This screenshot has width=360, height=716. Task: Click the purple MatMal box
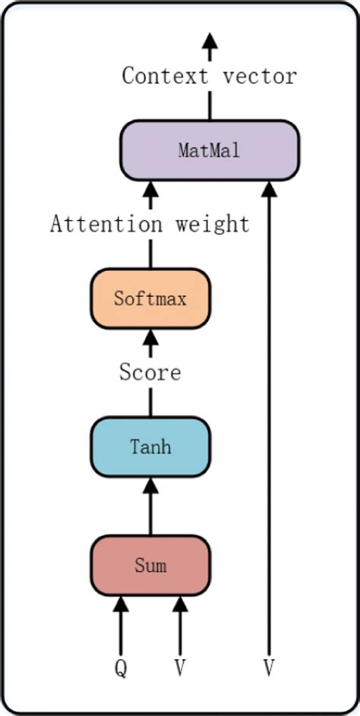point(209,150)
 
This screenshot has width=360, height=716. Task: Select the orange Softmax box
point(150,298)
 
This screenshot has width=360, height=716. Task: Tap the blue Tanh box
point(150,446)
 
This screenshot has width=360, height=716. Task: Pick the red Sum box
point(150,566)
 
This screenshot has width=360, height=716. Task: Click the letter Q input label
point(120,668)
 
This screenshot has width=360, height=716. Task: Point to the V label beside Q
point(180,668)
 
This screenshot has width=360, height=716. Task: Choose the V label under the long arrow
point(269,668)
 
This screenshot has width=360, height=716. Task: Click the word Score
point(150,373)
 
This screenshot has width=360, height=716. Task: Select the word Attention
point(106,225)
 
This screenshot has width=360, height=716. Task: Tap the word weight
point(212,225)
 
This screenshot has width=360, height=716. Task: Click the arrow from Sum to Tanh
point(150,505)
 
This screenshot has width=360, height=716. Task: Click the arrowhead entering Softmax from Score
point(150,338)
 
